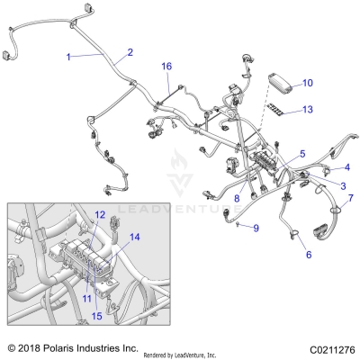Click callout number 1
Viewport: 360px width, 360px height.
tap(68, 57)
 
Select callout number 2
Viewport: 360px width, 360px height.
tap(130, 52)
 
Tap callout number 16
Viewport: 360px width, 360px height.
tap(166, 67)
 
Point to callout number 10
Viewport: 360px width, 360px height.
tap(308, 83)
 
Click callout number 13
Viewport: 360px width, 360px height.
tap(308, 110)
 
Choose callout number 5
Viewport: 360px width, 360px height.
tap(302, 154)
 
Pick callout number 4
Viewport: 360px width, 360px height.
tap(346, 168)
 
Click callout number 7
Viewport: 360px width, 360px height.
tap(351, 198)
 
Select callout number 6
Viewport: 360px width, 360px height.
tap(309, 256)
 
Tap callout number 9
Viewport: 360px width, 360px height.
tap(255, 228)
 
